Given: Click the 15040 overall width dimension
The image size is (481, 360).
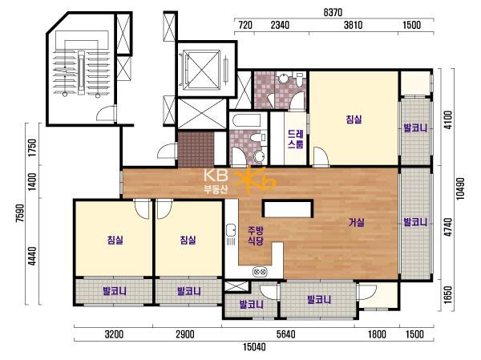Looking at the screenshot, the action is pyautogui.click(x=254, y=347).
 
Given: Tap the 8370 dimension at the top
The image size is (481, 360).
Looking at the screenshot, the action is pyautogui.click(x=333, y=12).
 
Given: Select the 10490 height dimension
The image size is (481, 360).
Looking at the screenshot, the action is pyautogui.click(x=460, y=188).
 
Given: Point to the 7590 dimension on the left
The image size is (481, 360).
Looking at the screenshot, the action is pyautogui.click(x=20, y=212).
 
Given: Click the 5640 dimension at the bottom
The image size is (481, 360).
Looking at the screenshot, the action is pyautogui.click(x=285, y=334).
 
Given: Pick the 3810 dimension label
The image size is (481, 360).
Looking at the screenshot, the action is pyautogui.click(x=353, y=25).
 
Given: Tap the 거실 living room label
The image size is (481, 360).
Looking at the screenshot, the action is pyautogui.click(x=357, y=222).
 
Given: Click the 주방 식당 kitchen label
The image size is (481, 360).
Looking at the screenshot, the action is pyautogui.click(x=256, y=236).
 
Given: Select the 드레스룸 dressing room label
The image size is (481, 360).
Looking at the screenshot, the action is pyautogui.click(x=296, y=139).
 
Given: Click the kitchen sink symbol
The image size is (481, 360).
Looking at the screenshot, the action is pyautogui.click(x=231, y=231).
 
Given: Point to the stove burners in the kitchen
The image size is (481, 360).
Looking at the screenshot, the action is pyautogui.click(x=260, y=272).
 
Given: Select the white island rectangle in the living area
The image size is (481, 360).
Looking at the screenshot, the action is pyautogui.click(x=288, y=208).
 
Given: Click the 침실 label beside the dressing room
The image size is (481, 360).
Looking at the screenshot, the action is pyautogui.click(x=354, y=119).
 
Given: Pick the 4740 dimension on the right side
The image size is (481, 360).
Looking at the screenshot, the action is pyautogui.click(x=448, y=227).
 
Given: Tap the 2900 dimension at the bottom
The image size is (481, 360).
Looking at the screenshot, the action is pyautogui.click(x=185, y=334).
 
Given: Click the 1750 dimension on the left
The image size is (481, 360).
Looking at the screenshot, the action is pyautogui.click(x=32, y=148).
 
